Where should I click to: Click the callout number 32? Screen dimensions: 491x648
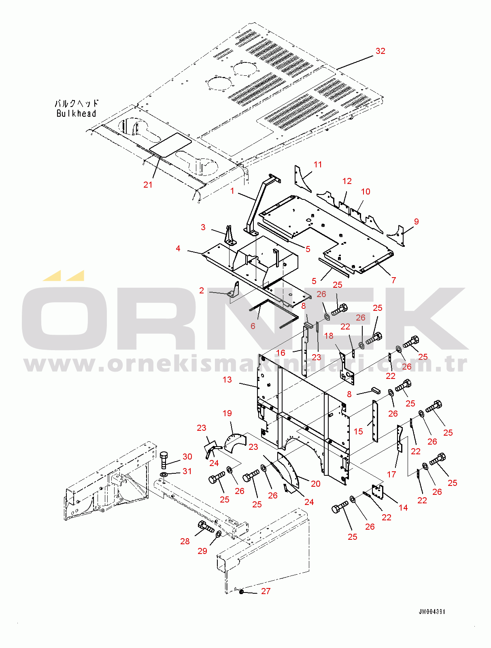pos(380,51)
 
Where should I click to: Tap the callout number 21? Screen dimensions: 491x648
pos(148,185)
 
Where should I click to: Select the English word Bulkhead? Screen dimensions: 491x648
pos(77,113)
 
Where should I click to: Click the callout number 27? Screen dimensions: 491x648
pos(266,591)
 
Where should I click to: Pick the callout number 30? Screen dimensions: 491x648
pos(187,456)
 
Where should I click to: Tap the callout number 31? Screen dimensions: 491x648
pos(187,471)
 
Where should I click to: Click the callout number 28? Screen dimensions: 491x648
pos(185,541)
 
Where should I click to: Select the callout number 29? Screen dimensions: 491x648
pos(202,551)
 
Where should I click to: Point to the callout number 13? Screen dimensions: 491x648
pos(227,380)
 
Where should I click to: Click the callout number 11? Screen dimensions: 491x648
pos(318,165)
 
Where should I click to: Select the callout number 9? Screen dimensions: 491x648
pos(417,221)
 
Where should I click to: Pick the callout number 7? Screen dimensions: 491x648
pos(394,280)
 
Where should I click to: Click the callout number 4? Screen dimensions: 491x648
pos(178,248)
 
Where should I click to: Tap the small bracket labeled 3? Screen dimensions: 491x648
pos(230,235)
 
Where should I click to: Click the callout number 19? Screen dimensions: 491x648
pos(227,413)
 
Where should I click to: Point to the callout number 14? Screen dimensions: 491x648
pos(403,507)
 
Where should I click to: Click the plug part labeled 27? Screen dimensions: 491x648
pos(241,591)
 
